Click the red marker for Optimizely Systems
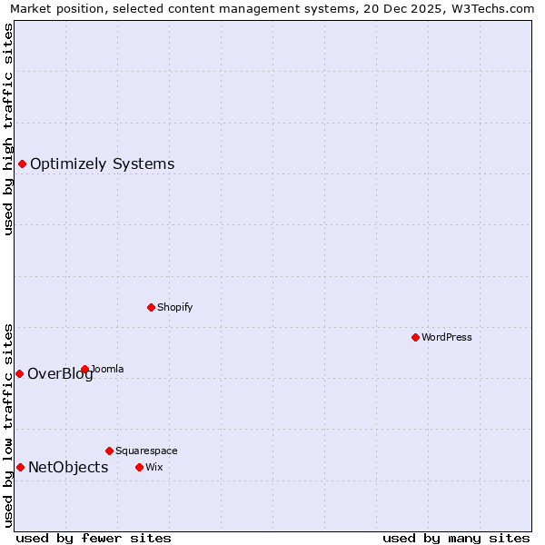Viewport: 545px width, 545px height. tap(22, 163)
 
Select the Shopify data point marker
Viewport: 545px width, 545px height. tap(151, 307)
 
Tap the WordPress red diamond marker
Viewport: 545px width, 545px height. tap(415, 337)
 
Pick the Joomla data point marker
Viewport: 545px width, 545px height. tap(84, 369)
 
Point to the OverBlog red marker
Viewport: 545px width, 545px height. tap(19, 373)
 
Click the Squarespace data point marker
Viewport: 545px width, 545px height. tap(109, 451)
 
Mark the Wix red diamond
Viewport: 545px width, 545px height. tap(139, 467)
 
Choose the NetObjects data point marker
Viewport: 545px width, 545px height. tap(20, 467)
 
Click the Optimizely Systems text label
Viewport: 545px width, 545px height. tap(102, 164)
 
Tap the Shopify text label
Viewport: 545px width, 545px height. tap(174, 307)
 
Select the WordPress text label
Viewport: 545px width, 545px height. tap(446, 337)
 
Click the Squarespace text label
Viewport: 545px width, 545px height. tap(146, 451)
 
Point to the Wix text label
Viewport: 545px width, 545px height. tap(154, 467)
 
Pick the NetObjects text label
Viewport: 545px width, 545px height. tap(68, 468)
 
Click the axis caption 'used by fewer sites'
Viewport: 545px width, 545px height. tap(93, 538)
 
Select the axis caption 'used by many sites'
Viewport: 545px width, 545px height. tap(456, 538)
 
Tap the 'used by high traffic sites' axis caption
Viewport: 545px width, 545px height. tap(8, 129)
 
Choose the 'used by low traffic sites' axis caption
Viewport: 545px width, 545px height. tap(8, 424)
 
